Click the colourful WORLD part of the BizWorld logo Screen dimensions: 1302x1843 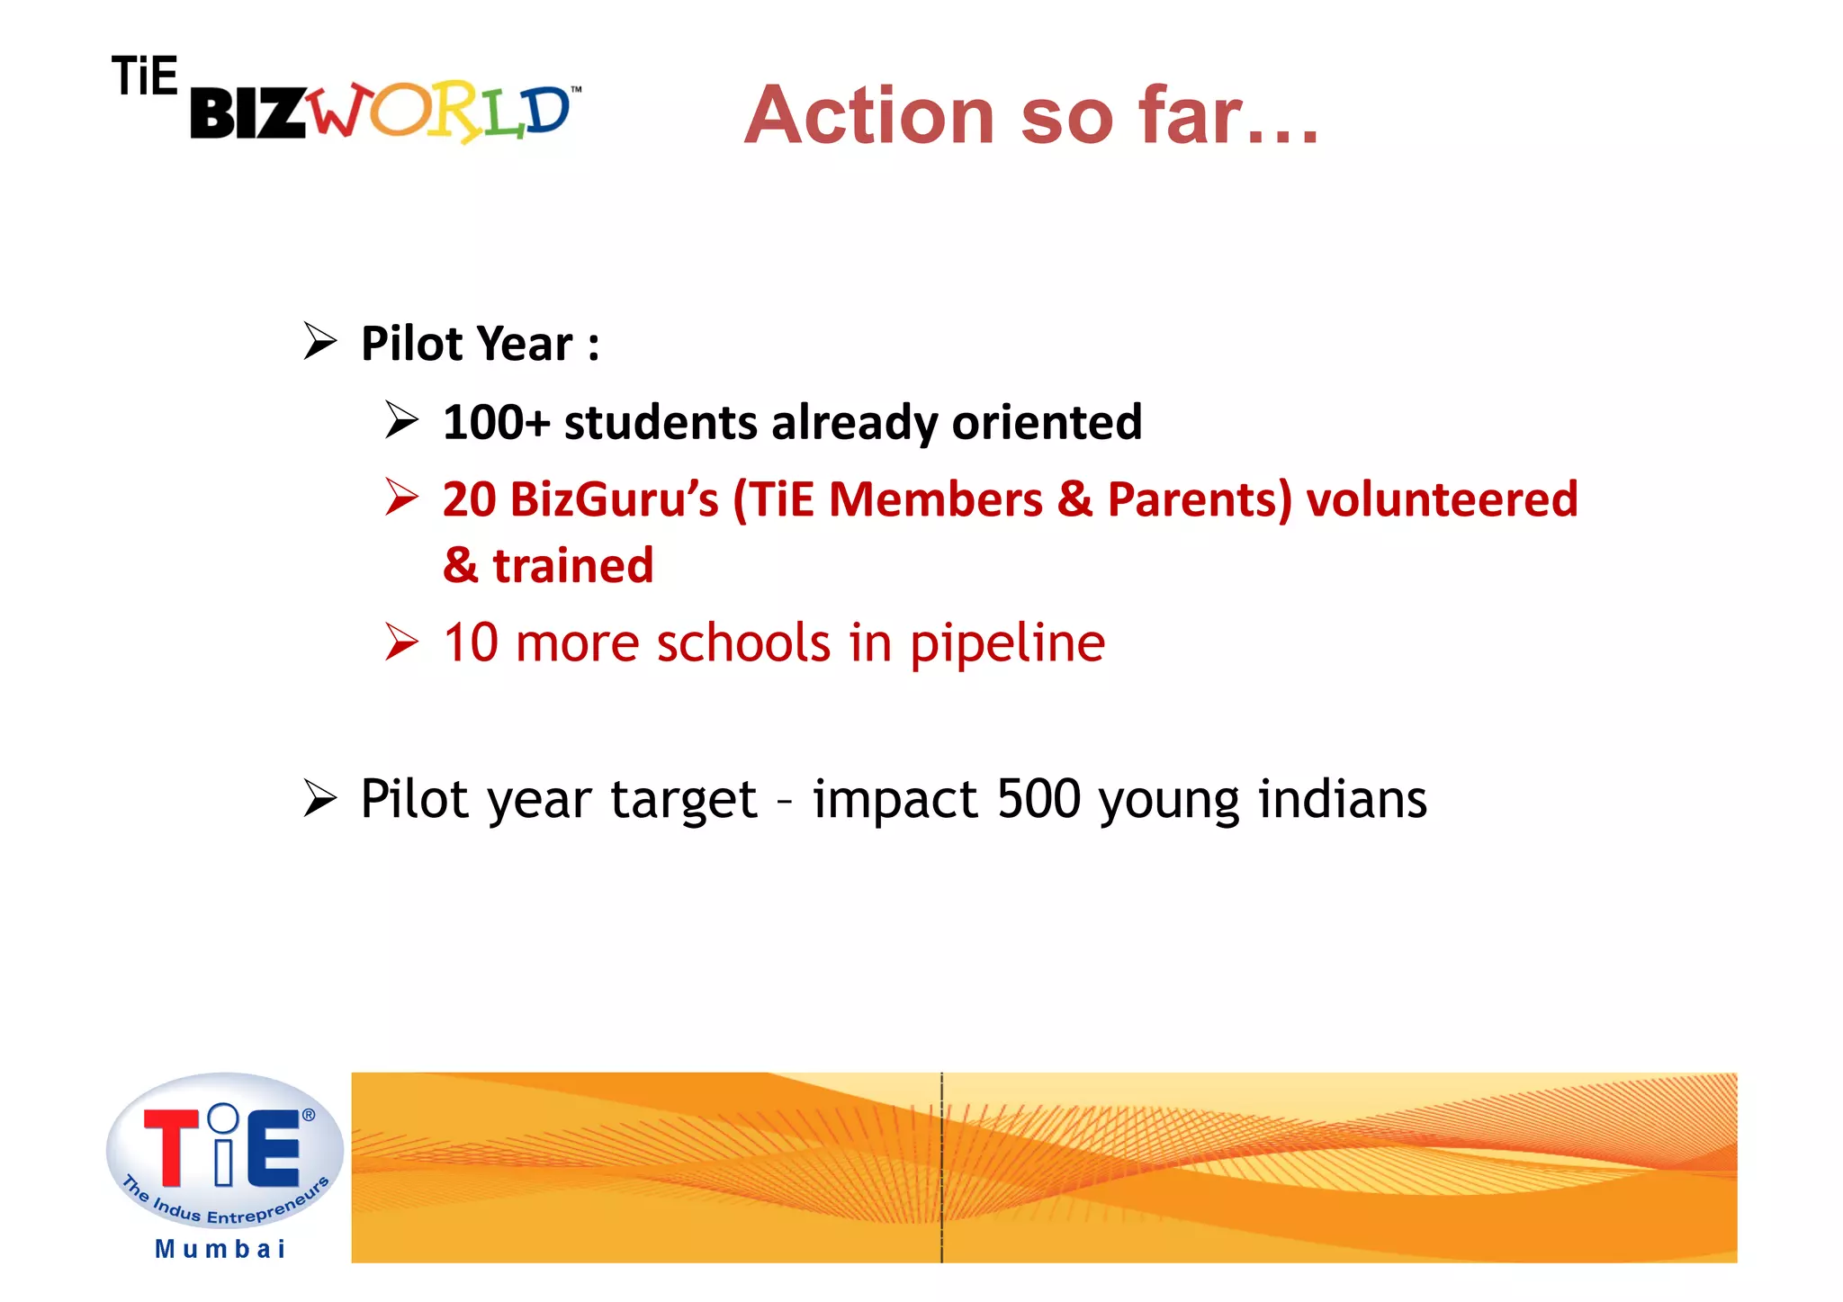(x=441, y=113)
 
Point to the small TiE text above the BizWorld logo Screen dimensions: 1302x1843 (x=144, y=76)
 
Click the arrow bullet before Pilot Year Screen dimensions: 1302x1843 (x=319, y=342)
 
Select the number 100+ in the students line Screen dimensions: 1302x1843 (x=496, y=422)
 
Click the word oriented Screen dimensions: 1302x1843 (x=1047, y=422)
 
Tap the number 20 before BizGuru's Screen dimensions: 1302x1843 (x=469, y=499)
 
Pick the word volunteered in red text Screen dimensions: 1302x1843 (x=1442, y=499)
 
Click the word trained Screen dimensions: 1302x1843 (x=572, y=566)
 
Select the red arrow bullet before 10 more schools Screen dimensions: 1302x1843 (x=401, y=642)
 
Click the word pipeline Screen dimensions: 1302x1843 (x=1007, y=644)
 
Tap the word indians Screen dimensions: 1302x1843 (x=1342, y=799)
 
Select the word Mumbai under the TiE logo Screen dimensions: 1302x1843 (x=220, y=1249)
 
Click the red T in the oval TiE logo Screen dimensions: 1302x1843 (x=171, y=1147)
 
